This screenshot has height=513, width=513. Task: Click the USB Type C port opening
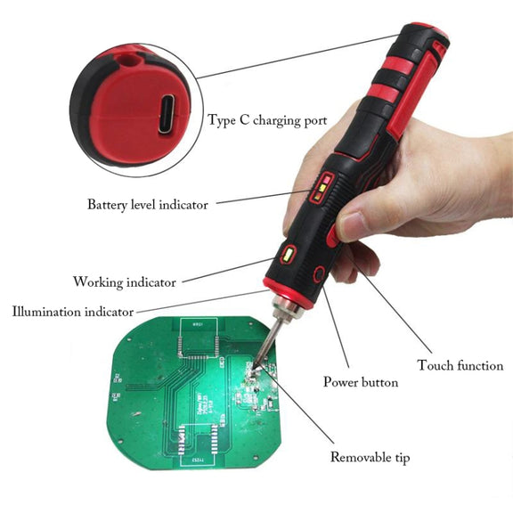coord(167,113)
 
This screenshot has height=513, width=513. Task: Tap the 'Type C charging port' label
coord(267,120)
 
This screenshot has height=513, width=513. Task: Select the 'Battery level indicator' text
coord(148,205)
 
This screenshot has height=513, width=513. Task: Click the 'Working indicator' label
coord(125,282)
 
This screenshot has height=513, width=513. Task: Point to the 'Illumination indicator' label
coord(73,312)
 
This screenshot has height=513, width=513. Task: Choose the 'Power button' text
coord(361,382)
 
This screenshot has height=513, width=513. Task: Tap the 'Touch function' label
coord(460,365)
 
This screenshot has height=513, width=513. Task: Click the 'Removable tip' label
coord(370,458)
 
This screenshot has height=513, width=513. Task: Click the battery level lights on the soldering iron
coord(322,188)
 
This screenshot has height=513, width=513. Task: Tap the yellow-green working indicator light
coord(288,255)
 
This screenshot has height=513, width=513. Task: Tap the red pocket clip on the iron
coord(416,86)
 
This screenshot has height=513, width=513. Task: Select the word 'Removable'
coord(356,457)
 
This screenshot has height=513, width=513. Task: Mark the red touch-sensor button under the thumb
coord(332,235)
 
